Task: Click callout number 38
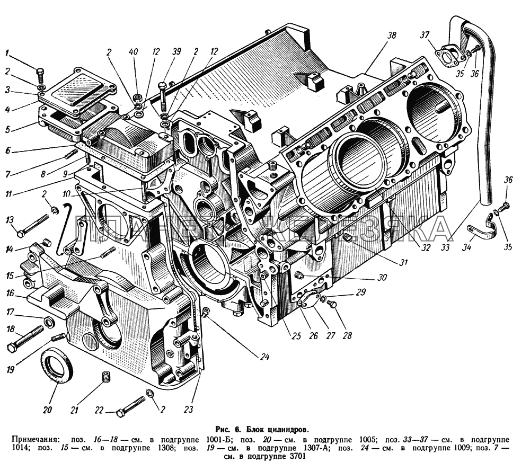[392, 35]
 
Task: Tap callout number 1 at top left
[7, 52]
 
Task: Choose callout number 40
[133, 51]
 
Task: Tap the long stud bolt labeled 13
[34, 225]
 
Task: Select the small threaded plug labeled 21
[106, 378]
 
